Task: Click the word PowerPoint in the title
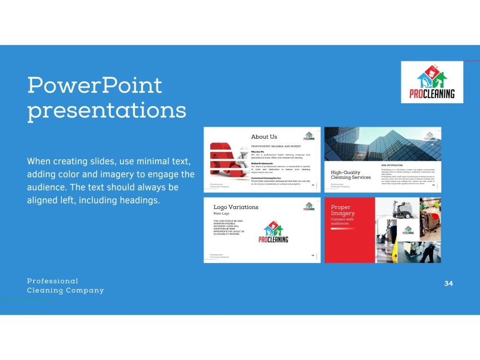(x=95, y=85)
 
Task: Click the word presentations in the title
(x=107, y=110)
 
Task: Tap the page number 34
(x=448, y=283)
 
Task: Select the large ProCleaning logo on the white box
(x=432, y=82)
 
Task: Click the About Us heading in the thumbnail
(x=264, y=137)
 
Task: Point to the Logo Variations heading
(x=236, y=207)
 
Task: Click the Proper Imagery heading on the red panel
(x=343, y=210)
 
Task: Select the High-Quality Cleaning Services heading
(x=350, y=175)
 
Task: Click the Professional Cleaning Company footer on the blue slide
(x=65, y=286)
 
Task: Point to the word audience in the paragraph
(x=46, y=187)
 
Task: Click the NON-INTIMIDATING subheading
(x=392, y=165)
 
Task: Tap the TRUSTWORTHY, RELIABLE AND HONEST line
(x=276, y=146)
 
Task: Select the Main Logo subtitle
(x=222, y=213)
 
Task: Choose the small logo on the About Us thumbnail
(x=310, y=136)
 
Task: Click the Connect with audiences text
(x=342, y=221)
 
